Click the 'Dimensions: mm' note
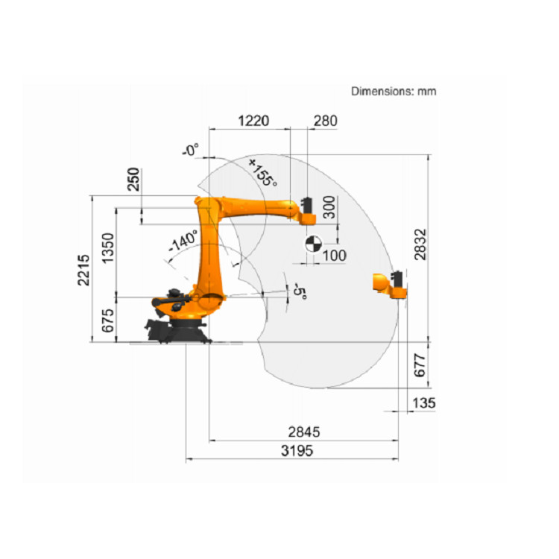point(394,91)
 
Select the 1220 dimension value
point(253,121)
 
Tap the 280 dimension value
point(325,121)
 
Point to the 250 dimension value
point(133,179)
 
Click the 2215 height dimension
point(83,270)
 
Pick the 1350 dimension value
point(107,247)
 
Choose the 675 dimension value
point(107,320)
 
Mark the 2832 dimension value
point(420,244)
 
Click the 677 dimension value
point(420,365)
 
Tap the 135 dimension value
point(424,402)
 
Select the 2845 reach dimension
point(304,432)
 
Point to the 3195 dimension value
point(297,451)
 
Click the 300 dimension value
point(329,207)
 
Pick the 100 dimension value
point(334,256)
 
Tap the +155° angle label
point(263,173)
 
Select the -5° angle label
point(300,291)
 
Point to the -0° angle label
point(191,150)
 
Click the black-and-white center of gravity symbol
point(314,244)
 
